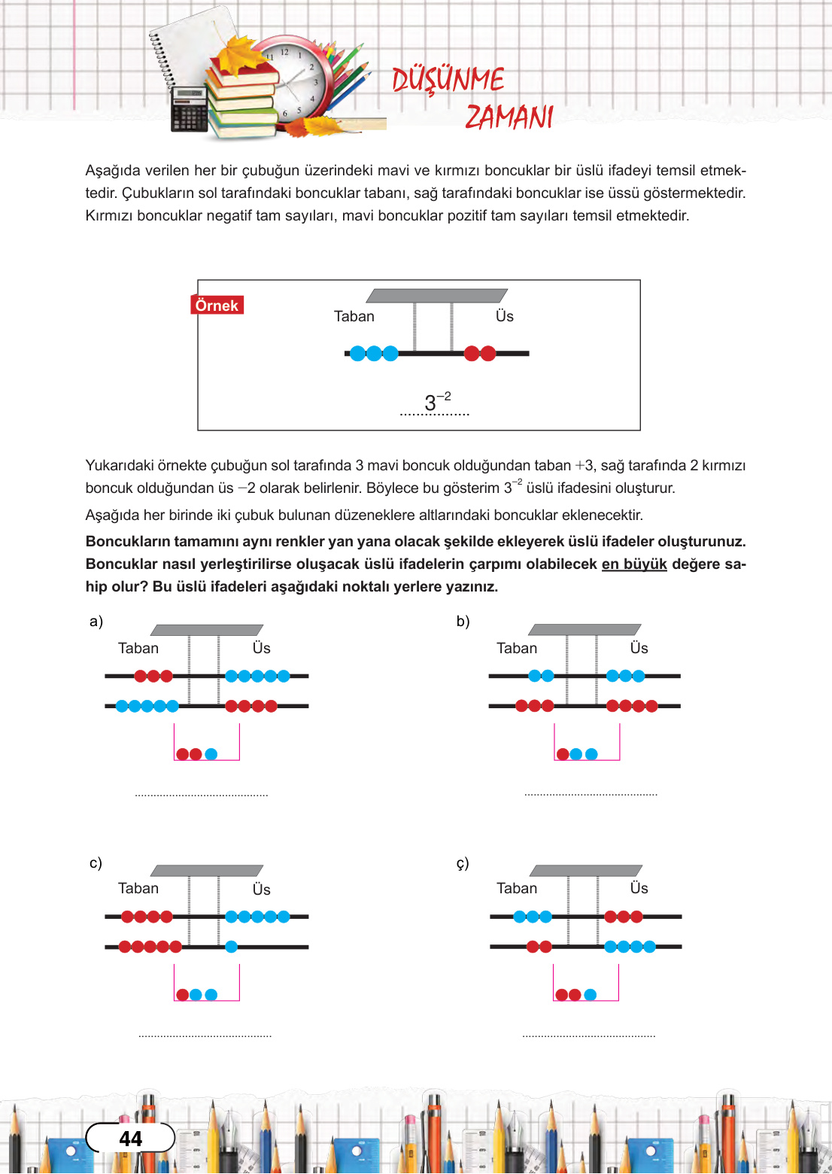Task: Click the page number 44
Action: (130, 1139)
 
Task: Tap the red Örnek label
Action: (217, 305)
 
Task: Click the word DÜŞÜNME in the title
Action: (448, 79)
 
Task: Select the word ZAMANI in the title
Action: (509, 117)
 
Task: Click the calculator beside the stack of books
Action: (190, 109)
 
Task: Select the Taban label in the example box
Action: (354, 316)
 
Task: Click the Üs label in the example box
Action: (504, 316)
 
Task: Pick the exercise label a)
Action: (96, 621)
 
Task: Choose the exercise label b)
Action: (463, 621)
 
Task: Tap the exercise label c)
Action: (96, 862)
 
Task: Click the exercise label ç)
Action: (463, 863)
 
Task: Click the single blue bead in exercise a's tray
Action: (211, 753)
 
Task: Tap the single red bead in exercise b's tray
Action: (563, 753)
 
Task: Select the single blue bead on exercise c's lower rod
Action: (231, 947)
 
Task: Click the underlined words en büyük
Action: (634, 564)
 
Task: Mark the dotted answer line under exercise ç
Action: (588, 1036)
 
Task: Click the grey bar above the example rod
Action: (436, 296)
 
